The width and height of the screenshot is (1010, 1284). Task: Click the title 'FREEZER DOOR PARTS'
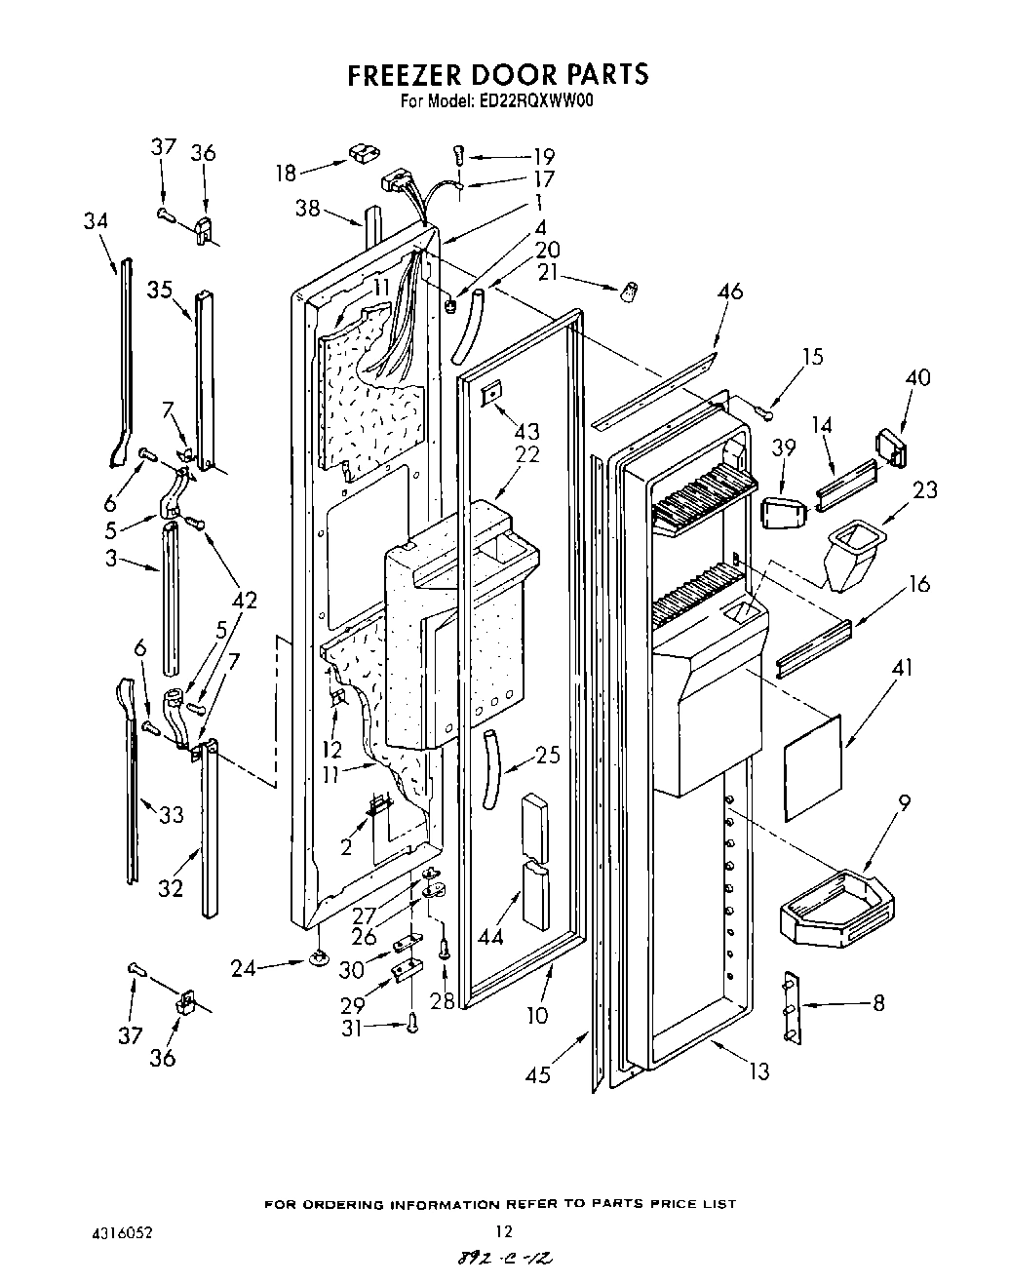[x=498, y=75]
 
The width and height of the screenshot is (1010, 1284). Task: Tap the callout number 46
[x=729, y=291]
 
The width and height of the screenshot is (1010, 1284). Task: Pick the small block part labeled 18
[x=363, y=152]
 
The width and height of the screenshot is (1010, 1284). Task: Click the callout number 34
[x=95, y=221]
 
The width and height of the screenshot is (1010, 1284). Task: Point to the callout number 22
[x=528, y=453]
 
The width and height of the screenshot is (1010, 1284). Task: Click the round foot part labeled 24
[x=319, y=961]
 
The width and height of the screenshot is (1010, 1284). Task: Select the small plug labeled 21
[x=630, y=290]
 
